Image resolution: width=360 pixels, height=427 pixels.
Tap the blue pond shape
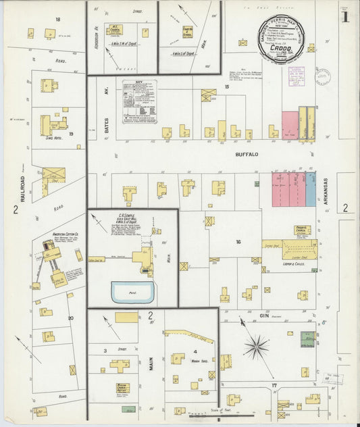pyautogui.click(x=133, y=293)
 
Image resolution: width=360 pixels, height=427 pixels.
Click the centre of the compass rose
pyautogui.click(x=256, y=348)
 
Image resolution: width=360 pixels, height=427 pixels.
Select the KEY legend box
pyautogui.click(x=140, y=101)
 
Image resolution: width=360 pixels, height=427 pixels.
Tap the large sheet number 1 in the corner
pyautogui.click(x=345, y=17)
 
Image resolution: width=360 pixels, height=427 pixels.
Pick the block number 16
pyautogui.click(x=238, y=241)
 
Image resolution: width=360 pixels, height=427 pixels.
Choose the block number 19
pyautogui.click(x=70, y=134)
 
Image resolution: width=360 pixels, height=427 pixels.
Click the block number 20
pyautogui.click(x=70, y=317)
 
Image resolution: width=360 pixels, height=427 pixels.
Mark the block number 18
pyautogui.click(x=58, y=20)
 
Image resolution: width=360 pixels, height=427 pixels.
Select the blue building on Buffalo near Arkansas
pyautogui.click(x=311, y=189)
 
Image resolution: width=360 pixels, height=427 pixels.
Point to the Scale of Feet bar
pyautogui.click(x=203, y=413)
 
